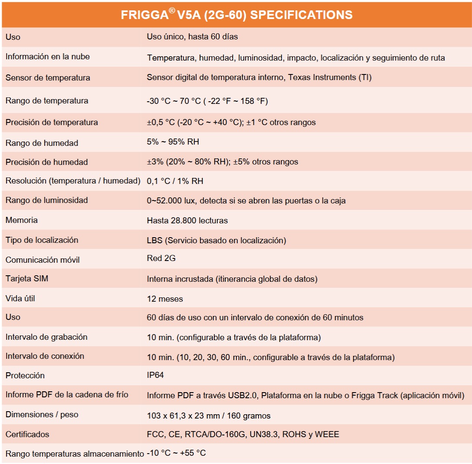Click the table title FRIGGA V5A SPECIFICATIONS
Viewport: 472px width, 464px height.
point(236,15)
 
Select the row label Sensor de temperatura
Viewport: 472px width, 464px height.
point(48,78)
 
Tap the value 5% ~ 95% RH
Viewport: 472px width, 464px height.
point(173,142)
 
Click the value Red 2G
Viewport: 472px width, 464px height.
point(161,258)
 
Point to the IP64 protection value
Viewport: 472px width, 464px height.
point(155,375)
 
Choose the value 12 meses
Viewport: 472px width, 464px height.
point(165,299)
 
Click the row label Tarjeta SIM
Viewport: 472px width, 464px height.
point(27,279)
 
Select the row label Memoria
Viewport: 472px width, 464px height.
point(22,220)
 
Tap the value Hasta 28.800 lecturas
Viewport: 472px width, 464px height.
point(187,221)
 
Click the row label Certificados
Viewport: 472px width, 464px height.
point(27,434)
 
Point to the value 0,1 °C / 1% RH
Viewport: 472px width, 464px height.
point(175,181)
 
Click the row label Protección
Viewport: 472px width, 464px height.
point(25,375)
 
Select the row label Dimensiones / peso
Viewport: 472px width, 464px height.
point(42,415)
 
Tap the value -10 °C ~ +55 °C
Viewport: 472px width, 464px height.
point(176,453)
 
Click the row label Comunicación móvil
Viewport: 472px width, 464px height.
point(42,260)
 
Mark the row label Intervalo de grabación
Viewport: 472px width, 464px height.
point(46,337)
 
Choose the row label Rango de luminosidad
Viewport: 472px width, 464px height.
point(47,200)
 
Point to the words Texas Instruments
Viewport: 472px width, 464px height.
point(321,78)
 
